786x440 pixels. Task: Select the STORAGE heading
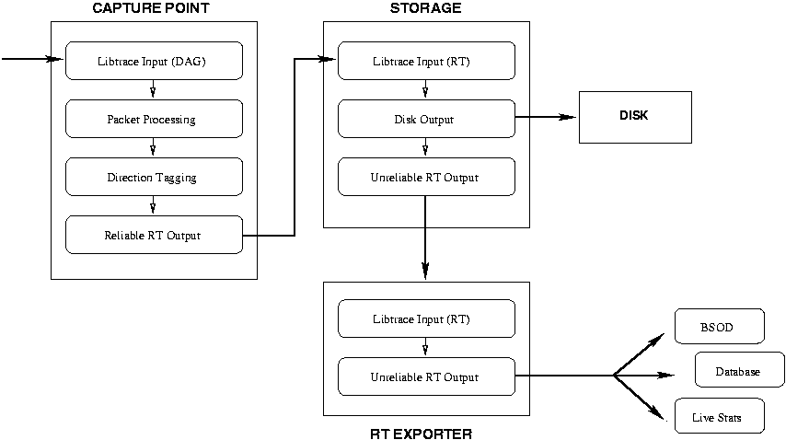click(425, 8)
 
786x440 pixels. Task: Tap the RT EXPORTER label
click(425, 432)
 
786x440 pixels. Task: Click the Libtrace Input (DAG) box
click(154, 61)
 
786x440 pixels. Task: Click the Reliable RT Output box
click(154, 235)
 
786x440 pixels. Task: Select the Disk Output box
click(425, 119)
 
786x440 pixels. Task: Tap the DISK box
click(634, 117)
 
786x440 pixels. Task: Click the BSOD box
click(719, 326)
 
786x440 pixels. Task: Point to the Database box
click(738, 371)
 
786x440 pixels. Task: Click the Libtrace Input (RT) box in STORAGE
click(425, 61)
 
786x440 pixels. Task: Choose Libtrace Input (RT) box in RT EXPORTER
click(425, 319)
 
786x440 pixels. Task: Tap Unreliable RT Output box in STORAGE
click(425, 177)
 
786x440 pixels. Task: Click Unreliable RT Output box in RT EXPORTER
click(425, 376)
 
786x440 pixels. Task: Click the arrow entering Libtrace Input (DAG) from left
click(33, 60)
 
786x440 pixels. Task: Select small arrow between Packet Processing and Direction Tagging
click(153, 147)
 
